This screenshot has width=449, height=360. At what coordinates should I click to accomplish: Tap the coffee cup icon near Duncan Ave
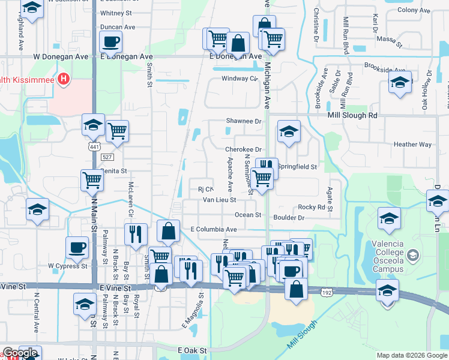[x=111, y=43]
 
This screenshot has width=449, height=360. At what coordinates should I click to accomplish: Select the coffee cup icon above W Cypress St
[x=77, y=247]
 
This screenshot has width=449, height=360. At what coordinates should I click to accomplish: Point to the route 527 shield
[x=107, y=157]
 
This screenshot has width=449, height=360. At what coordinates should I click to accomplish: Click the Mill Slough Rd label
[x=352, y=115]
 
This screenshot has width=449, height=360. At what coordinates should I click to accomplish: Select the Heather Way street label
[x=412, y=145]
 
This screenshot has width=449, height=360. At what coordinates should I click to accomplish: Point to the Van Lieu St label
[x=219, y=200]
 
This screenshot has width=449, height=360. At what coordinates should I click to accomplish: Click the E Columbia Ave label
[x=214, y=229]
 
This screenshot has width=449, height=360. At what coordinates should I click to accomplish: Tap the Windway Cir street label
[x=240, y=79]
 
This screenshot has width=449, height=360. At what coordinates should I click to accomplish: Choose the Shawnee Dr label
[x=244, y=121]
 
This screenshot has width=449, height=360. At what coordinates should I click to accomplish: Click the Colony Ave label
[x=414, y=10]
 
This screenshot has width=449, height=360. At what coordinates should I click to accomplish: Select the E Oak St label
[x=192, y=350]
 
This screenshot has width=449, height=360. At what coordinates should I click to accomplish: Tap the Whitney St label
[x=116, y=13]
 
